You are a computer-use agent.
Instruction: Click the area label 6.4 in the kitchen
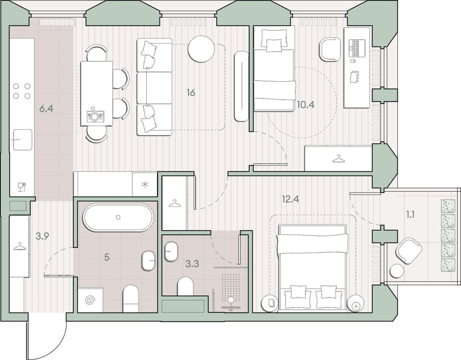tap(46, 109)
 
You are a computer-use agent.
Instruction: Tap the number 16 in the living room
tap(191, 93)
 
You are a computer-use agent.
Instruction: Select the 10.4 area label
tap(305, 105)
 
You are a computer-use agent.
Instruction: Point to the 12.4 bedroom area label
tap(290, 199)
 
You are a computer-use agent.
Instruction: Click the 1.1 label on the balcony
tap(410, 215)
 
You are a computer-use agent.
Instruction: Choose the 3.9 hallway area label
tap(42, 236)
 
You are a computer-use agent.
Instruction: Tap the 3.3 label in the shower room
tap(192, 264)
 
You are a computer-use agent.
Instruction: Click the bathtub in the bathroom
tap(118, 217)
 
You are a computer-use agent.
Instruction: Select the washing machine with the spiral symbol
tap(90, 300)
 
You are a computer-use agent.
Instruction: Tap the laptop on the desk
tap(358, 48)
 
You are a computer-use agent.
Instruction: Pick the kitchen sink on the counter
tap(22, 139)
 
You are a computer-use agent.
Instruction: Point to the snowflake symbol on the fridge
tap(145, 184)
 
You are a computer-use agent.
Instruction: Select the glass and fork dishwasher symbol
tap(22, 187)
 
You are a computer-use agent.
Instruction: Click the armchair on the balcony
tap(409, 251)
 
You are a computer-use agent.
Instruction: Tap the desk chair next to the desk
tap(329, 50)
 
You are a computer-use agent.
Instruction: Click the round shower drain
tap(230, 300)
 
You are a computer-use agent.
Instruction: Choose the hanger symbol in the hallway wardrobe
tap(20, 246)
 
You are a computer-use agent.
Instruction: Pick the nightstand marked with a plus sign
tap(356, 304)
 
